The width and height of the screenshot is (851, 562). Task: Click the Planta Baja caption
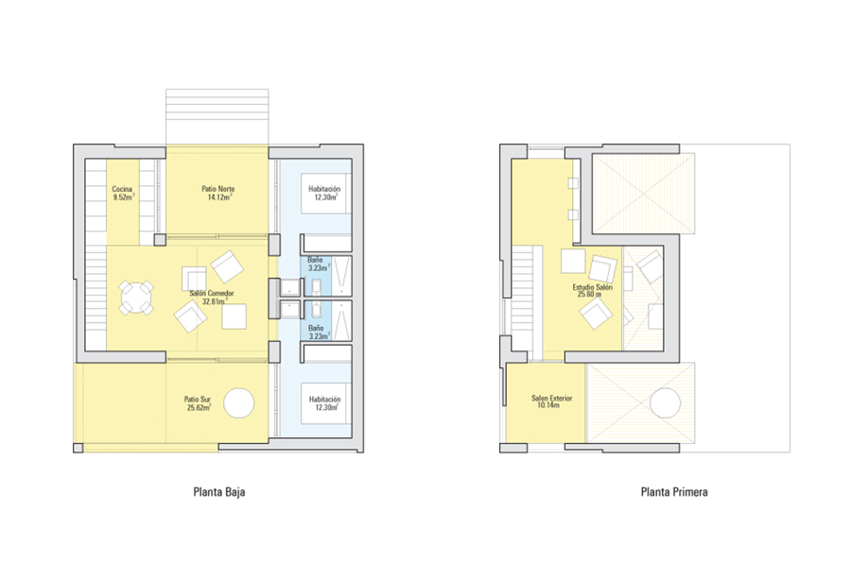(x=219, y=492)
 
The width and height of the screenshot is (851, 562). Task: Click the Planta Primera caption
(x=674, y=492)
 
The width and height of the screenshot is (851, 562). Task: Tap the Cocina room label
(x=122, y=189)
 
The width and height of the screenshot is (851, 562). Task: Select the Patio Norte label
(x=218, y=189)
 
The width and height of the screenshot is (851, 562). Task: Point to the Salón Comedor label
(x=212, y=293)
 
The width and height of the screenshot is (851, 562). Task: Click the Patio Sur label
(x=198, y=400)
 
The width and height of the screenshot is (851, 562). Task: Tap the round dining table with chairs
(x=136, y=297)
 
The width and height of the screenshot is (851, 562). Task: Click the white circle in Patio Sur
(x=239, y=403)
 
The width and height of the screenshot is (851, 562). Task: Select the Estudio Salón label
(x=593, y=287)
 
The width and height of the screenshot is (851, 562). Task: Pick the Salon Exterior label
(x=552, y=398)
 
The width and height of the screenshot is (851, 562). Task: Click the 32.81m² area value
(x=215, y=301)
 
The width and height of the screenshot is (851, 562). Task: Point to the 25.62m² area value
(x=199, y=407)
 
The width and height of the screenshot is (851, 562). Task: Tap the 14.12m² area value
(x=219, y=197)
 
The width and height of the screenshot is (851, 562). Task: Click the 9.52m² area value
(x=123, y=197)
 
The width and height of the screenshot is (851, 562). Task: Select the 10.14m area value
(x=548, y=405)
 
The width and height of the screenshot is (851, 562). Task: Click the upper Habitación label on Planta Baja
(x=324, y=189)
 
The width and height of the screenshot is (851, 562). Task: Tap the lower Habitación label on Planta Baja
(x=324, y=400)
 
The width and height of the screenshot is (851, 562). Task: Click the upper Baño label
(x=315, y=260)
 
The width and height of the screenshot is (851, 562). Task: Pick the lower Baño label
(x=316, y=328)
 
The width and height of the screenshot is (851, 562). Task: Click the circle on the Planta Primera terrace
(x=665, y=403)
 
